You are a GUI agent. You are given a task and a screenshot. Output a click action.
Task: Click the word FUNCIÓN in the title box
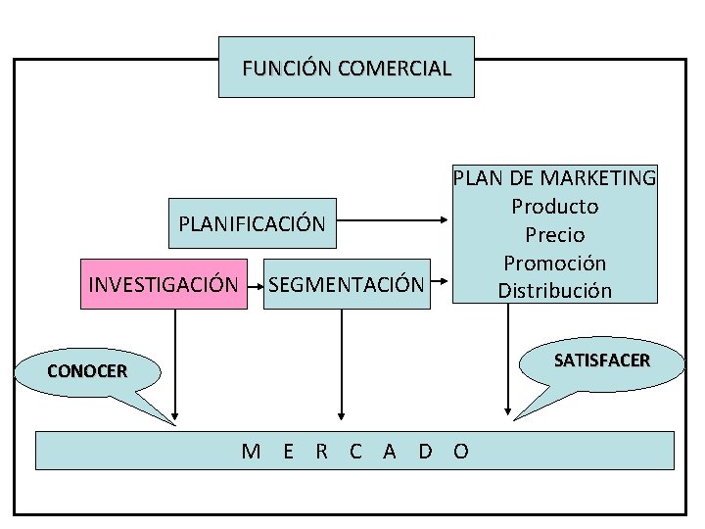[x=286, y=69]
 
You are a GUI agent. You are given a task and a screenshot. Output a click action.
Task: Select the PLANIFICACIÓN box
[x=252, y=223]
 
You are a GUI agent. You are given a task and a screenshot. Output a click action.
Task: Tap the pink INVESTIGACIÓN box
[x=164, y=284]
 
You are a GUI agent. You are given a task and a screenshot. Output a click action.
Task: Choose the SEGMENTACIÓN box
[x=347, y=284]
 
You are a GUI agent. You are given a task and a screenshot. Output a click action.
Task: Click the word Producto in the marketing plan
[x=554, y=207]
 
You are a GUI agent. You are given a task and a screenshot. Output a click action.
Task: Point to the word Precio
[x=554, y=235]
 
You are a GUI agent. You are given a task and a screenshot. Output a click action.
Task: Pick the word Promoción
[x=554, y=263]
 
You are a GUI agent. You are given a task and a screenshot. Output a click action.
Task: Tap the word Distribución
[x=554, y=291]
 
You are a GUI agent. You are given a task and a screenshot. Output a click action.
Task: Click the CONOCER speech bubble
[x=87, y=371]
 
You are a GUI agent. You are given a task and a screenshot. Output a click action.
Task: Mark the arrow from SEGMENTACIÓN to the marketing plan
[x=440, y=285]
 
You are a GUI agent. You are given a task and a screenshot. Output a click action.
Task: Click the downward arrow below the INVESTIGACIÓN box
[x=176, y=362]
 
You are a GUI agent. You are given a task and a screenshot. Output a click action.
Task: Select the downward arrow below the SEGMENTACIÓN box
[x=342, y=362]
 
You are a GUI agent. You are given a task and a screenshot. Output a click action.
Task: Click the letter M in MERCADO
[x=251, y=451]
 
